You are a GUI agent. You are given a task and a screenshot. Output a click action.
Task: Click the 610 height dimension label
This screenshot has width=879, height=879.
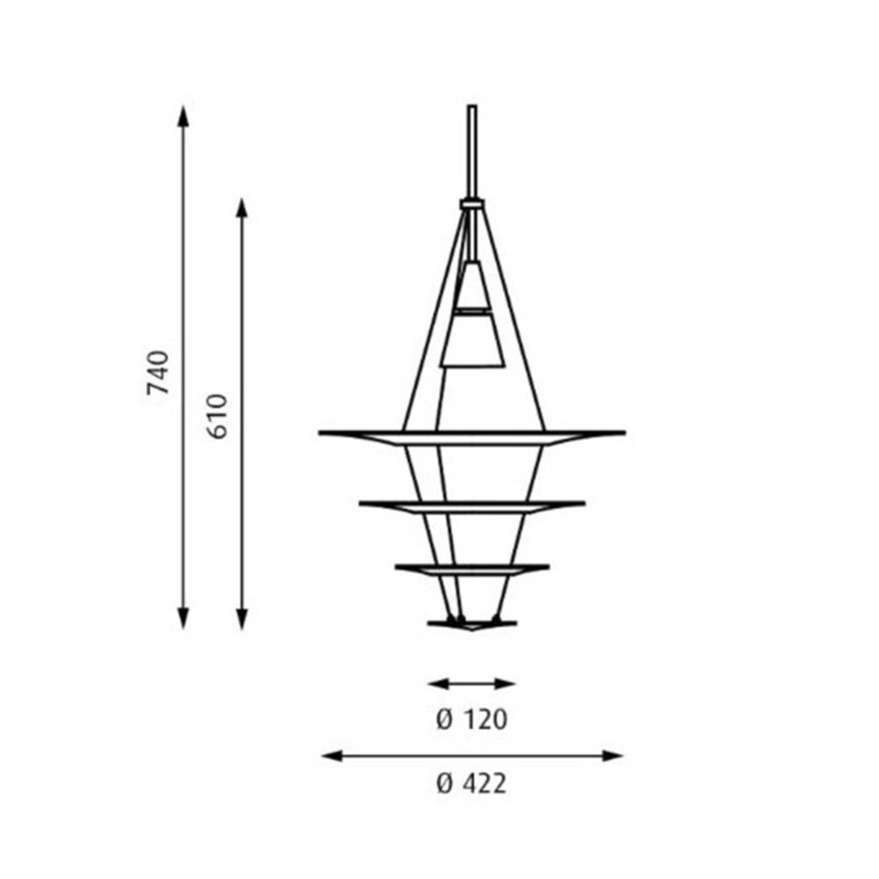(218, 417)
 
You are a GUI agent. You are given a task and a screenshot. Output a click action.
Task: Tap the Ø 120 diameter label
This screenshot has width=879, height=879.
(472, 720)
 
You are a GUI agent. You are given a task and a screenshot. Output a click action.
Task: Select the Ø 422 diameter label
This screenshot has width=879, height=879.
(472, 782)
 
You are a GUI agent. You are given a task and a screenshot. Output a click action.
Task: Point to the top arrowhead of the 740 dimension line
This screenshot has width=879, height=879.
(183, 114)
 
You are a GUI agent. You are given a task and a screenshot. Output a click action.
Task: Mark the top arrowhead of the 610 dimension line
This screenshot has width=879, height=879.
(243, 208)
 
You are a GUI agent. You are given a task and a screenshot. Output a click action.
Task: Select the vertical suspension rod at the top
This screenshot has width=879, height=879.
(472, 149)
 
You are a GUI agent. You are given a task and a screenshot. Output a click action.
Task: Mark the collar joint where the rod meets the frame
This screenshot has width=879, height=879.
(472, 204)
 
